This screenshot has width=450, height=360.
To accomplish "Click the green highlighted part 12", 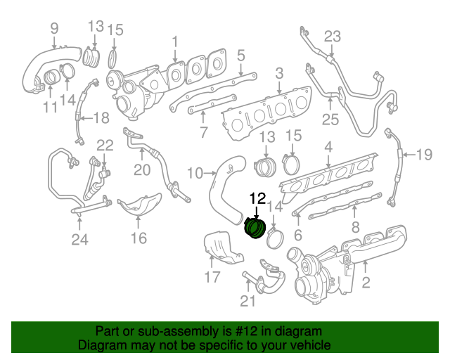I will [254, 229].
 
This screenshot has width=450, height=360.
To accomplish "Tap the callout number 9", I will [54, 28].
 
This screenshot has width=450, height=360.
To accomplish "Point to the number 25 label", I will [330, 120].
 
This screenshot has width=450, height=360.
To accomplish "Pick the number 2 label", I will [366, 283].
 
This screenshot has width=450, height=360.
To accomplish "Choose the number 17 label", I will [213, 277].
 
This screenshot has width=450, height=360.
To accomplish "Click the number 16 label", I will [139, 238].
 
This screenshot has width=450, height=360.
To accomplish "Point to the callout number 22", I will [105, 146].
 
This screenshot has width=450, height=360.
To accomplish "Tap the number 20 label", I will [142, 169].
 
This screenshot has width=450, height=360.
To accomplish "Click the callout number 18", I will [101, 117].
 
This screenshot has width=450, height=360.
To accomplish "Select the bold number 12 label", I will [257, 199].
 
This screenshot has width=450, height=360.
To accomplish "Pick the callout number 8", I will [355, 227].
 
